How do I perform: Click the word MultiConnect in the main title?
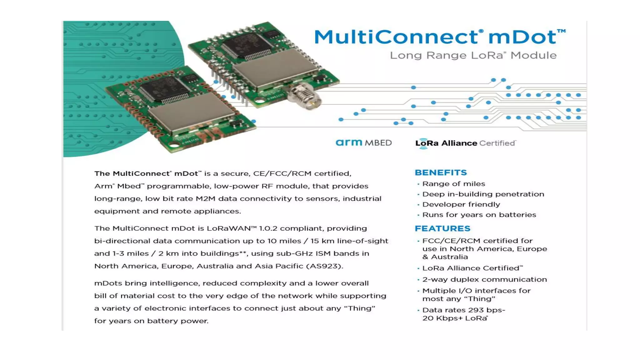pos(396,37)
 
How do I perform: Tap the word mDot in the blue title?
pos(522,37)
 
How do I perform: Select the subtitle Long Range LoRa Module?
pos(473,55)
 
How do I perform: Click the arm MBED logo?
pos(363,143)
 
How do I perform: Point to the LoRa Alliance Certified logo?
pos(465,143)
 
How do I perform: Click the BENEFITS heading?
pos(441,172)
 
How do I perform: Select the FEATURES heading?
pos(442,228)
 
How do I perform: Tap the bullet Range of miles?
pos(453,184)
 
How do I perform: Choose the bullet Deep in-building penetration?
pos(483,194)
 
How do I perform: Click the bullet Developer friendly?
pos(461,204)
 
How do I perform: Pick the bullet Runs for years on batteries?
pos(479,215)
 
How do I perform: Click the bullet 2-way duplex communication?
pos(484,279)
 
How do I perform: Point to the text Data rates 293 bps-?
pos(463,310)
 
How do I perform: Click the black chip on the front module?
pos(164,89)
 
